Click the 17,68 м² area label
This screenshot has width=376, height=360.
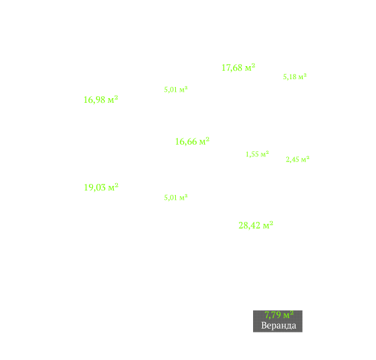coord(239,67)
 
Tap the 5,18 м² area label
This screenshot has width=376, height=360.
coord(295,77)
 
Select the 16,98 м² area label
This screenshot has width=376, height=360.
coord(101,99)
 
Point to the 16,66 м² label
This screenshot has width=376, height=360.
coord(192,141)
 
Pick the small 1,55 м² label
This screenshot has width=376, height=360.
coord(257,154)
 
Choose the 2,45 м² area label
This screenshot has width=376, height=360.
coord(298,159)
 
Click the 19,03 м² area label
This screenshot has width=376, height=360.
coord(101,187)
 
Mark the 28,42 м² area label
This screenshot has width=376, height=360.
coord(256,225)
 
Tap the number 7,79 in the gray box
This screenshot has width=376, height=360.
coord(273,315)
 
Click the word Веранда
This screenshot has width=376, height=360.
coord(279,325)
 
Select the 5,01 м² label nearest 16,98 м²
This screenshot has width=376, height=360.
coord(176,90)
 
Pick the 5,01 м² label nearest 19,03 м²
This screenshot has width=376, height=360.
coord(176,198)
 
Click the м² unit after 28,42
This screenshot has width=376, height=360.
coord(268,225)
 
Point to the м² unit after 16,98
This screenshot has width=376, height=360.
coord(113,99)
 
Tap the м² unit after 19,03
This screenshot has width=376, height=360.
coord(113,187)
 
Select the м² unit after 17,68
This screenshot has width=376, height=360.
coord(250,67)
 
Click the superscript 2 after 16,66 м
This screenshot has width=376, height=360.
coord(208,139)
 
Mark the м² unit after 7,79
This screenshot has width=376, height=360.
coord(288,314)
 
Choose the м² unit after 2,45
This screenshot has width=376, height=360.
coord(305,159)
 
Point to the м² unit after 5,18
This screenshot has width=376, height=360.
coord(302,77)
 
